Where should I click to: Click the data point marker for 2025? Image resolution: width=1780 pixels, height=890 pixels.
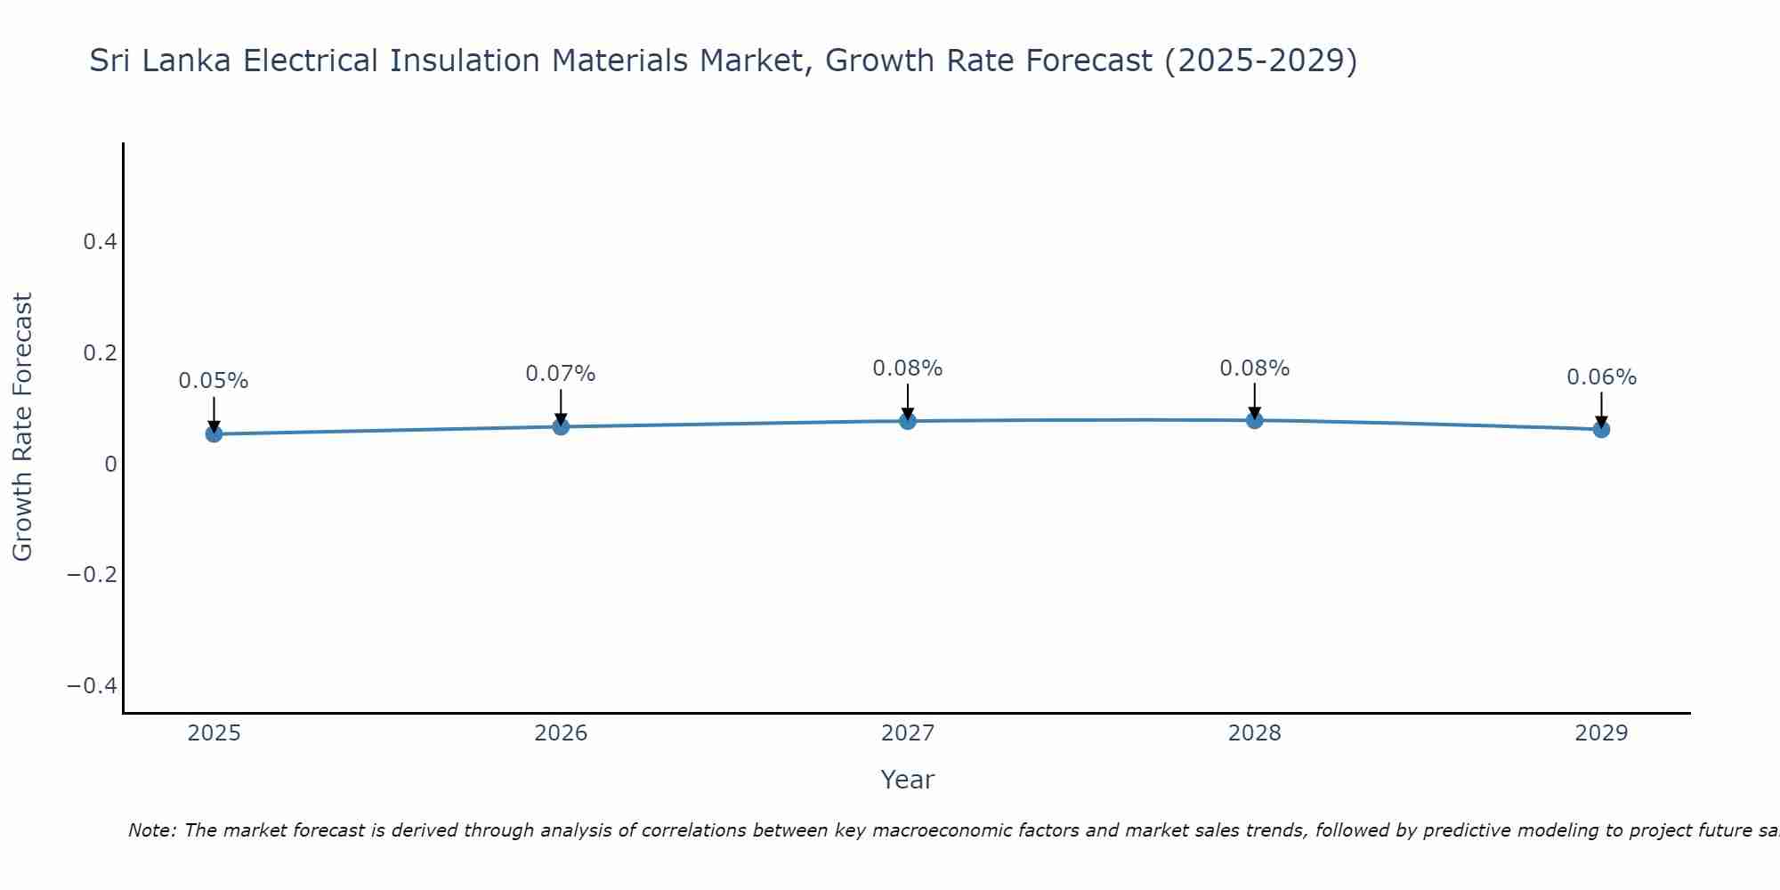click(214, 433)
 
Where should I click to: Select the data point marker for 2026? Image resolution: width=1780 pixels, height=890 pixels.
click(561, 426)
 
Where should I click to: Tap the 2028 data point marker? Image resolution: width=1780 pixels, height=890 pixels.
click(1254, 420)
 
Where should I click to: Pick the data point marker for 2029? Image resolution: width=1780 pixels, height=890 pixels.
click(1601, 429)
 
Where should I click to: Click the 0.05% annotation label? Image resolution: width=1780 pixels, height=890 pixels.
click(214, 381)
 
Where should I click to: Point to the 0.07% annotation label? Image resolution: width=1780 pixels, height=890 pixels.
click(561, 374)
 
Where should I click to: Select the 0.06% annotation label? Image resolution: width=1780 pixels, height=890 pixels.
click(1601, 377)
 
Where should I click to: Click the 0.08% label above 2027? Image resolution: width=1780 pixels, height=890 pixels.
click(907, 368)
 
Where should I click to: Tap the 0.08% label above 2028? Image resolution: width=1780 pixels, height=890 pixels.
click(1254, 368)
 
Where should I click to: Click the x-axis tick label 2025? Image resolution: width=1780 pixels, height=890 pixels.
click(214, 733)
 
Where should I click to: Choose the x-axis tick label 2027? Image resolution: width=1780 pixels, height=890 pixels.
click(907, 733)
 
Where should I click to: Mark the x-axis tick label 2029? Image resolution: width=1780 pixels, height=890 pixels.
click(1601, 733)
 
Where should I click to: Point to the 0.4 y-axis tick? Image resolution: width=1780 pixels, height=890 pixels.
click(100, 242)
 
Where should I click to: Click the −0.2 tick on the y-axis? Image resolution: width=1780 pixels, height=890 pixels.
click(92, 575)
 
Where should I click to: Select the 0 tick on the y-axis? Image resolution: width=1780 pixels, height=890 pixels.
click(110, 464)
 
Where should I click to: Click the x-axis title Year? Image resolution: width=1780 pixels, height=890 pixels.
click(907, 780)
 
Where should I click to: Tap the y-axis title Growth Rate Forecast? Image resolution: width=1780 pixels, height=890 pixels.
click(23, 427)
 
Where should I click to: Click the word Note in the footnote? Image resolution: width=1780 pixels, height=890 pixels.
click(151, 830)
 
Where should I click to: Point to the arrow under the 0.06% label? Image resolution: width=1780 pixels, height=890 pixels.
click(1601, 409)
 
